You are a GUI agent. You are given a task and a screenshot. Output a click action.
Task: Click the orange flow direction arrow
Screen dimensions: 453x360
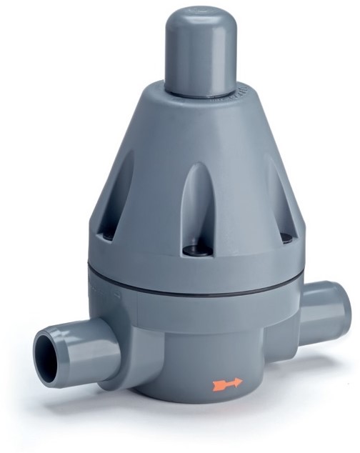227,384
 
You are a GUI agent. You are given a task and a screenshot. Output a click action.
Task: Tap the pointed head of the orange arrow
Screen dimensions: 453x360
238,383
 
